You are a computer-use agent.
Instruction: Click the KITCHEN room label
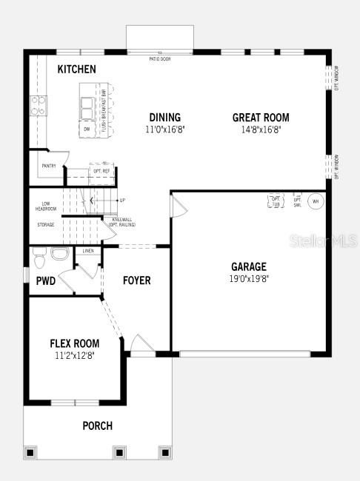76,69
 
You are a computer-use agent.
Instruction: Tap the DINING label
164,117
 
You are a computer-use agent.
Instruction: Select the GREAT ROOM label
261,117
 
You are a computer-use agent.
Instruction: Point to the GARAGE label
248,266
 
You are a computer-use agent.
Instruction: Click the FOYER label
136,280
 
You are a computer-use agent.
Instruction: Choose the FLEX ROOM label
74,343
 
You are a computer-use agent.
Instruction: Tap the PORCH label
97,425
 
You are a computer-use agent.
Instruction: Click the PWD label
45,280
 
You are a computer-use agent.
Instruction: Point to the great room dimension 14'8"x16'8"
261,129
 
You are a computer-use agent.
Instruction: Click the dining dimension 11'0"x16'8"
164,129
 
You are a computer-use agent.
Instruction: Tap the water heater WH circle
315,201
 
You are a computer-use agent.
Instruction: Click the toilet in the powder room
41,259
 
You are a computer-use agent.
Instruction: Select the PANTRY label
49,166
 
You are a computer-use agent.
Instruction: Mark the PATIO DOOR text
159,58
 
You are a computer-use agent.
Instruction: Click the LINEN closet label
88,252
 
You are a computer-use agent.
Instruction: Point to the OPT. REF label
101,170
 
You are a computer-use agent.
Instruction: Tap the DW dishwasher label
87,129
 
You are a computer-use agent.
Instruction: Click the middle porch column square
119,451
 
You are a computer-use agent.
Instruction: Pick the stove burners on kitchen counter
38,106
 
